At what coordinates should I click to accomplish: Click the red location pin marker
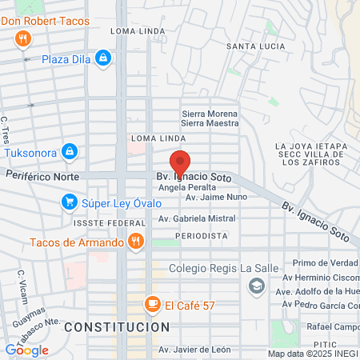click(x=180, y=164)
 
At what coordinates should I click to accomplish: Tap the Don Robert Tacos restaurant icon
click(x=22, y=38)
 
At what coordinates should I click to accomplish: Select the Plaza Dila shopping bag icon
click(x=103, y=58)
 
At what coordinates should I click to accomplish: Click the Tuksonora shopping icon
click(x=70, y=151)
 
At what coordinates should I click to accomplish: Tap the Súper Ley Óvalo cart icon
click(x=70, y=202)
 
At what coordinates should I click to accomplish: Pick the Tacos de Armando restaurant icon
click(x=137, y=241)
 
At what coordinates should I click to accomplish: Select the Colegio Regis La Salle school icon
click(x=257, y=286)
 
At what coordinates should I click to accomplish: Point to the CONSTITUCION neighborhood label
click(x=117, y=327)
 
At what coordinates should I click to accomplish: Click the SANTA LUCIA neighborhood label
click(x=251, y=46)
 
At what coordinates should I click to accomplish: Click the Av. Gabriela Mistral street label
click(x=197, y=218)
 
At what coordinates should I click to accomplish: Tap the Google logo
click(x=26, y=350)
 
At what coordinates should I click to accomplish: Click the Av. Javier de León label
click(x=194, y=350)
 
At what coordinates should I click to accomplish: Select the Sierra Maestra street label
click(x=210, y=123)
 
